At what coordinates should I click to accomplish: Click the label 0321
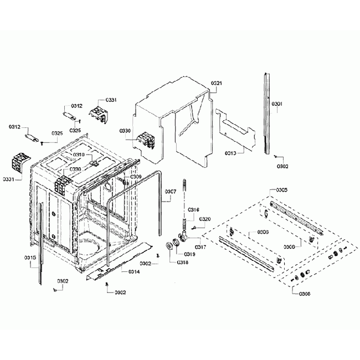tap(217, 83)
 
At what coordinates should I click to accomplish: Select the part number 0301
tap(277, 104)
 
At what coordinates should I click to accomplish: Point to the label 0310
tap(78, 155)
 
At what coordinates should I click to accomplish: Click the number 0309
tap(136, 177)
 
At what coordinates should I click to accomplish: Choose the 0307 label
tap(170, 192)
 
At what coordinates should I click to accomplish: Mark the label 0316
tap(193, 209)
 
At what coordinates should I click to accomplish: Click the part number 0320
tap(205, 219)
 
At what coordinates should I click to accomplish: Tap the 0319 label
tap(189, 254)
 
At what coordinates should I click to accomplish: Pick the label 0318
tap(182, 262)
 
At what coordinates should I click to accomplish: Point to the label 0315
tap(30, 258)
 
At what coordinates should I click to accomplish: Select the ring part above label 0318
tap(168, 246)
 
